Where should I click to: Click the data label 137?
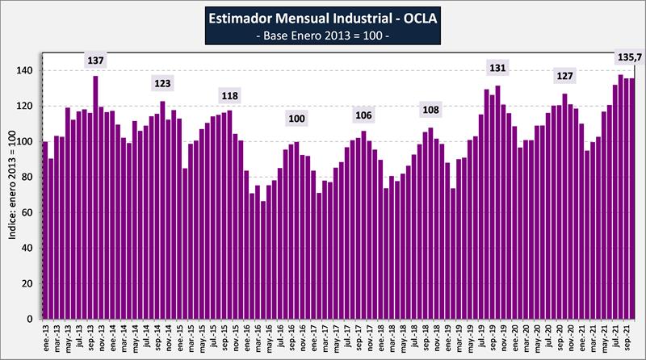tap(95, 61)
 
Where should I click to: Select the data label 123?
tap(162, 83)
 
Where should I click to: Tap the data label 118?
tap(229, 95)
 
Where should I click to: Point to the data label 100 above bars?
tap(296, 119)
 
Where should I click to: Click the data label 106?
tap(363, 115)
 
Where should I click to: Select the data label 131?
tap(497, 66)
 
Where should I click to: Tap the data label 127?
tap(564, 76)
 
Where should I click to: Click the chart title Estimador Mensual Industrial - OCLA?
tap(323, 17)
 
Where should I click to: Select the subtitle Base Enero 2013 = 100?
tap(323, 36)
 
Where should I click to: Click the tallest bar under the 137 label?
tap(95, 198)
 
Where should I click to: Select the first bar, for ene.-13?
tap(45, 231)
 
